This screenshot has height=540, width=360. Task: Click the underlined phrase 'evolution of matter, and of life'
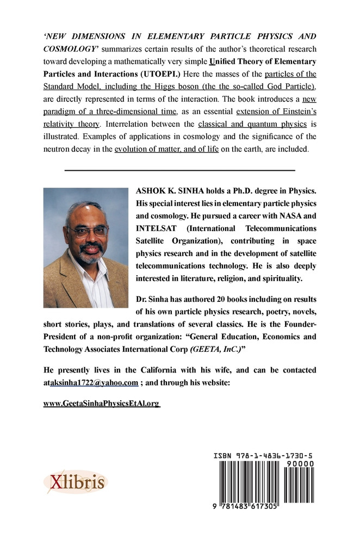(x=167, y=148)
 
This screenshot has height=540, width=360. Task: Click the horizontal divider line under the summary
(x=179, y=171)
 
